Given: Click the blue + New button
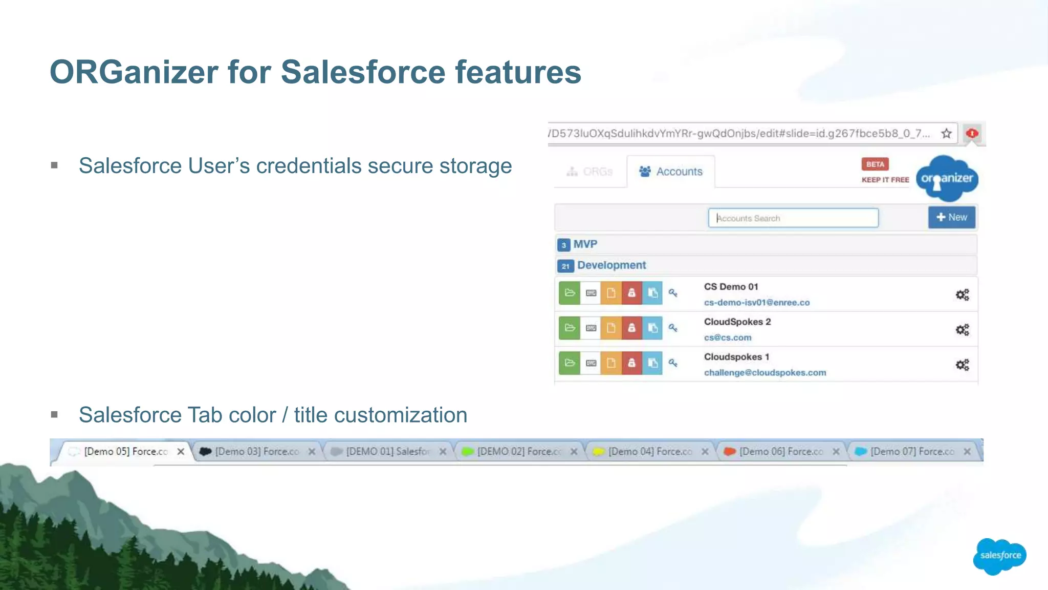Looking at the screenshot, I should [951, 217].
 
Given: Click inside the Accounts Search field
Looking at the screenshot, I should [793, 218].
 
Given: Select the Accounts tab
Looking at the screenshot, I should [671, 172].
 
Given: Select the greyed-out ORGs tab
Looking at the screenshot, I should [590, 172].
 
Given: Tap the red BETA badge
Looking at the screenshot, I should [875, 164].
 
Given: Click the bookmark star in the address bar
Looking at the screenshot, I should [946, 134].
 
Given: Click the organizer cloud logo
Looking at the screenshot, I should [947, 179].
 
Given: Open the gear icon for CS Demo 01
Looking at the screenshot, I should [962, 295].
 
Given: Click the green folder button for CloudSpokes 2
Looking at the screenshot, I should [569, 328].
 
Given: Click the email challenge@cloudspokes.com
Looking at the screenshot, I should [765, 373].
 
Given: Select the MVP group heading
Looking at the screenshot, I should [585, 244].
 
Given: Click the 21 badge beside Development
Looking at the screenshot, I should [565, 266].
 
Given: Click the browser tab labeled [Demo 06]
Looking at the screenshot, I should [780, 452].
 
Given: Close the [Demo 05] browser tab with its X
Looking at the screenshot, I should [181, 452].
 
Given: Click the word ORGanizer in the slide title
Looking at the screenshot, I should [134, 72].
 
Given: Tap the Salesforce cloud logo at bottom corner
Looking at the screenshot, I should [1000, 556].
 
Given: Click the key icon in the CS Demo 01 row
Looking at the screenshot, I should [673, 293].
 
